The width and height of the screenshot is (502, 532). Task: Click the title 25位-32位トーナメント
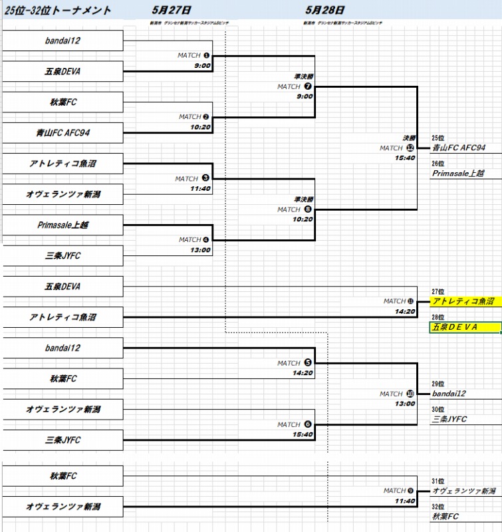[x=58, y=11]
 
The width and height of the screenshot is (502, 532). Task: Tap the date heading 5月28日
[x=325, y=10]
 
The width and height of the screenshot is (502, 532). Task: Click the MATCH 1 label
[x=193, y=55]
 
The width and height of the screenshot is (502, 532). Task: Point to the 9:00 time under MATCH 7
[x=305, y=96]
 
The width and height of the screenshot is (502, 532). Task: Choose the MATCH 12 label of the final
[x=396, y=148]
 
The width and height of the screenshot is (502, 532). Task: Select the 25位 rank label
[x=438, y=138]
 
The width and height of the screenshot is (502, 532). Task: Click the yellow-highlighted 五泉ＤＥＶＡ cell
[x=464, y=327]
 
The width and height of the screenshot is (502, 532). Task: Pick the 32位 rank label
[x=438, y=507]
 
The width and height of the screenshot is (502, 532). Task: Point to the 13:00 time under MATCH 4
[x=199, y=250]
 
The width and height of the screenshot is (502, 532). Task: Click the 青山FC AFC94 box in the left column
[x=63, y=133]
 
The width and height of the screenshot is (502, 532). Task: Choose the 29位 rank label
[x=438, y=384]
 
